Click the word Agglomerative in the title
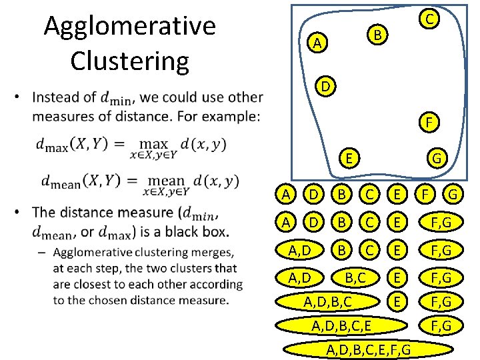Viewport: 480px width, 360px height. (129, 26)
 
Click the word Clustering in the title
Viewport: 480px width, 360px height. (129, 60)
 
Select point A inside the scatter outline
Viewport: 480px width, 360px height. (318, 43)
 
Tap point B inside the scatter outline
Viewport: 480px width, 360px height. (377, 33)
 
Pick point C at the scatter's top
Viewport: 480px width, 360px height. (431, 19)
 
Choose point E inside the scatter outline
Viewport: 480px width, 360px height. (349, 157)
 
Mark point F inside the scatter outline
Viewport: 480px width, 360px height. (429, 123)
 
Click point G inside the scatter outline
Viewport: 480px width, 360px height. (437, 159)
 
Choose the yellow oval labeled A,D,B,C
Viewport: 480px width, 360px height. (327, 302)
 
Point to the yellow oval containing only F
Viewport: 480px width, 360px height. (421, 195)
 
